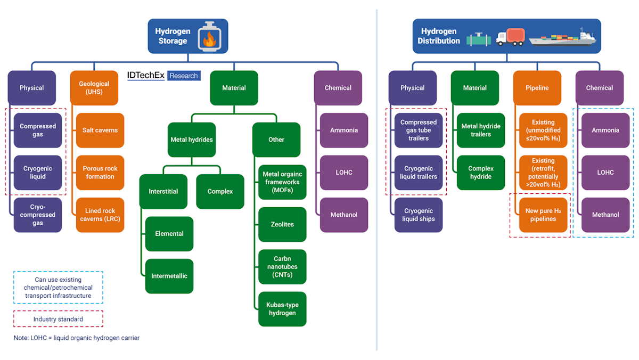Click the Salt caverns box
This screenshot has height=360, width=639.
pos(100,130)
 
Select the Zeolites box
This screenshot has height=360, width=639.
pos(282,224)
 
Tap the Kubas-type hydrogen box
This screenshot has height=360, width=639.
pos(282,309)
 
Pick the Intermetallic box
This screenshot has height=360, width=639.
pos(169,276)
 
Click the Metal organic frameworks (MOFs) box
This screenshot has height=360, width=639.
pos(282,182)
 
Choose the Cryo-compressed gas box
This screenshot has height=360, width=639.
pos(38,215)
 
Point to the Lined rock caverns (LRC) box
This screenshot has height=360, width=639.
pos(100,215)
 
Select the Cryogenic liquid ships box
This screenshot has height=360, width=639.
pos(419,215)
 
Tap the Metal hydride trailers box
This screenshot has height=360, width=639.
pos(481,130)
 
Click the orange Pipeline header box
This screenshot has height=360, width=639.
pos(537,88)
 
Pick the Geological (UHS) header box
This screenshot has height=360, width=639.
pos(94,88)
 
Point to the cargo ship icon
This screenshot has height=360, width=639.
pos(562,38)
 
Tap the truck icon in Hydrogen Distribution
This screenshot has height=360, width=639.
pos(511,37)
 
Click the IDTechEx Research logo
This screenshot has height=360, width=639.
pos(163,76)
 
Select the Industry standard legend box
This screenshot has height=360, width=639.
pos(58,319)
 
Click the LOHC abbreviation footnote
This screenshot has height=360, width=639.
pos(77,338)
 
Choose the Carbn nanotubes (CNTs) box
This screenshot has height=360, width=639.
pos(282,267)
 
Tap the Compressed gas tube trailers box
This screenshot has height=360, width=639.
pos(419,130)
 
